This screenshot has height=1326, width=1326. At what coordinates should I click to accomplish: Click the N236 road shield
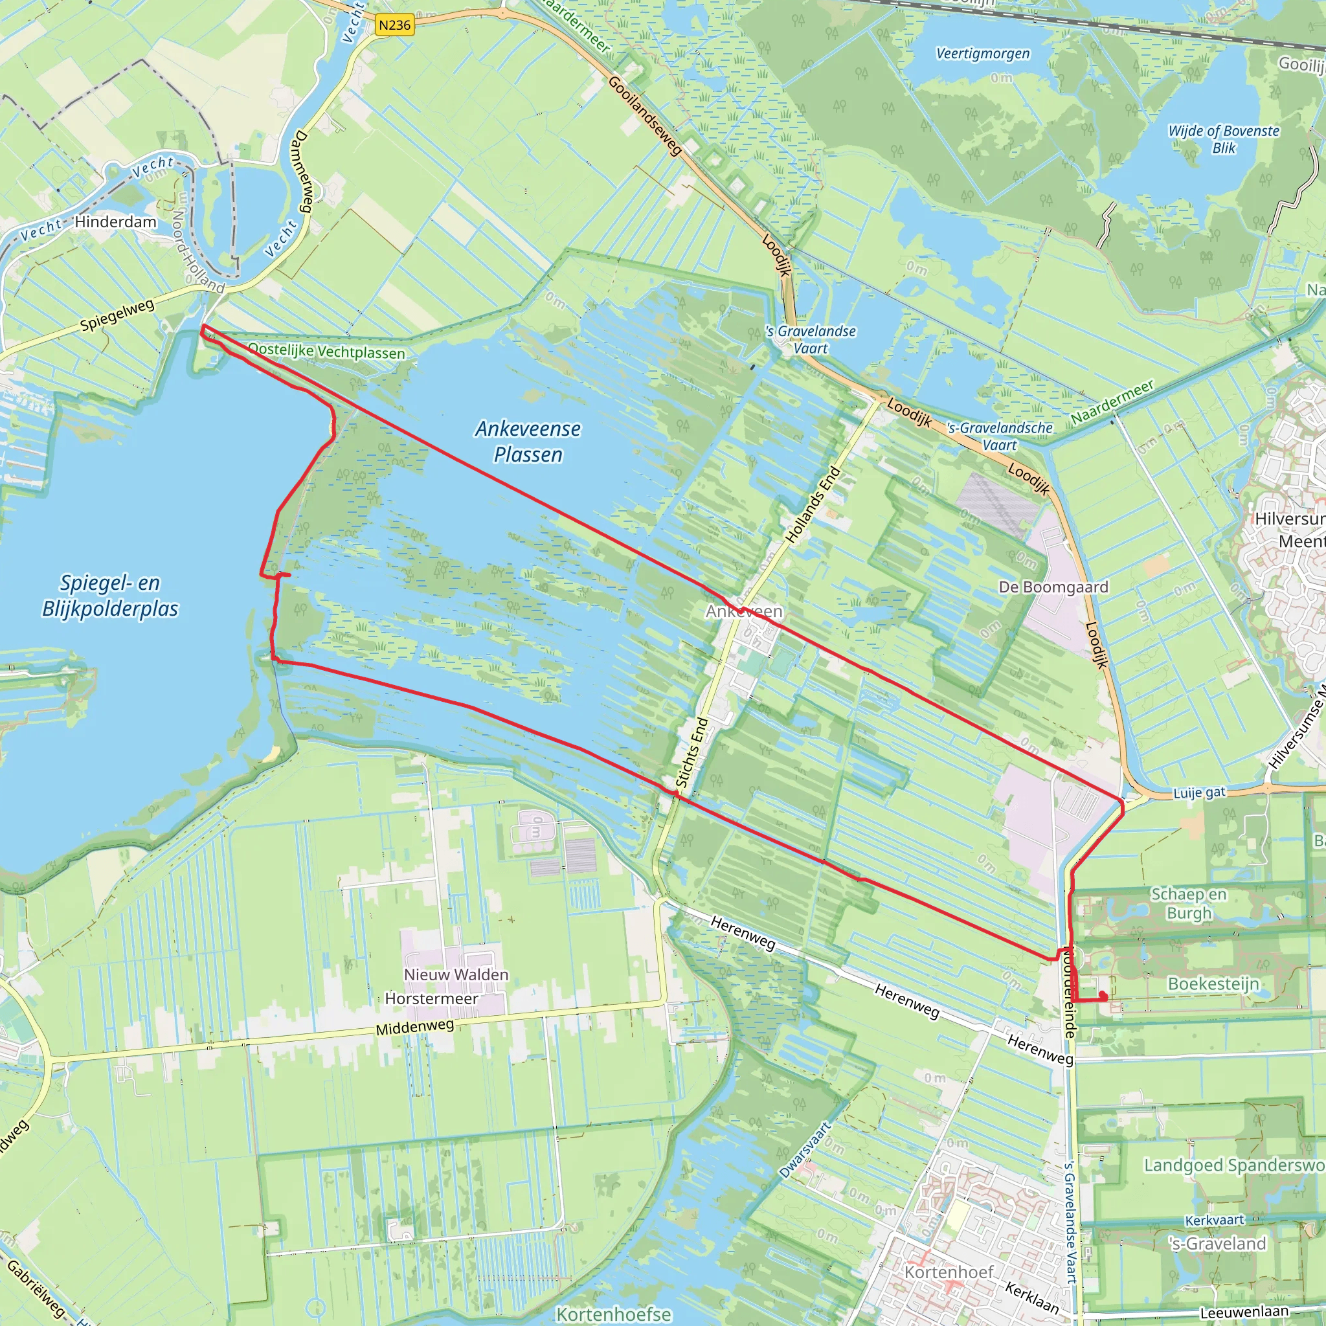point(395,25)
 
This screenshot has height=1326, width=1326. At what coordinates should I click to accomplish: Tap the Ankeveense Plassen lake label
point(528,442)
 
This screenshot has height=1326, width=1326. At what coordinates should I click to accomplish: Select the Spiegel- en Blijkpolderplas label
point(110,596)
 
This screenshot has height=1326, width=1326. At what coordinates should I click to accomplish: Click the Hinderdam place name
point(115,221)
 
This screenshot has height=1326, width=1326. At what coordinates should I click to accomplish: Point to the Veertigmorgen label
point(983,54)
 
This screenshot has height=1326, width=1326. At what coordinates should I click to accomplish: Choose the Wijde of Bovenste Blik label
point(1224,139)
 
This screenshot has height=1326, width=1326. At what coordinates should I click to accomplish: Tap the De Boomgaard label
point(1053,587)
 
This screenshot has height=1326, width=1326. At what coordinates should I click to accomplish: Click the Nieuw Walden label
point(456,974)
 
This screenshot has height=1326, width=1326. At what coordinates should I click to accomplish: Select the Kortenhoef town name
point(949,1272)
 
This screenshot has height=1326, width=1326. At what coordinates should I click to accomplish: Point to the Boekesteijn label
point(1213,983)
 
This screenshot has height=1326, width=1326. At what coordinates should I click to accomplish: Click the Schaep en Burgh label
point(1189,903)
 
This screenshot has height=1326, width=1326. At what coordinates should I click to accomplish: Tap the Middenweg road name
point(414,1028)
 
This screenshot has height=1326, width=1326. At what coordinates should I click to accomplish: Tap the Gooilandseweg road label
point(644,115)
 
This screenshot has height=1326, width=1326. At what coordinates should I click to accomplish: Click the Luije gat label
point(1199,792)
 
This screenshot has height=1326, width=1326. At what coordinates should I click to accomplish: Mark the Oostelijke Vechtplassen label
point(327,352)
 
